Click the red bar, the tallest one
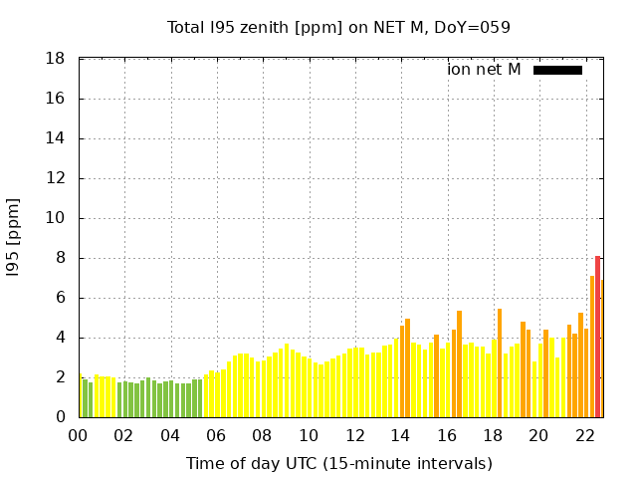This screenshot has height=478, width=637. click(x=597, y=337)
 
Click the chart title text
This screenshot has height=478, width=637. click(x=338, y=27)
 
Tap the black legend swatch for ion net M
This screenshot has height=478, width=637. click(x=557, y=70)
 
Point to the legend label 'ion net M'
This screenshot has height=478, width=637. click(x=484, y=70)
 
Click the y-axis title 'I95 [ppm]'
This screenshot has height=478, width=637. click(x=13, y=238)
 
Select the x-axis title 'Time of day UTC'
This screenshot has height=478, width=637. click(x=339, y=463)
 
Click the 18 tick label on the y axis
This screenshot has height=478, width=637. click(x=57, y=59)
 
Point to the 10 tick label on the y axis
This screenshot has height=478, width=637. click(x=57, y=218)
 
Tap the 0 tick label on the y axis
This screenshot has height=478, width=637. click(x=61, y=417)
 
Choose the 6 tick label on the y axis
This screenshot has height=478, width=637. click(x=61, y=298)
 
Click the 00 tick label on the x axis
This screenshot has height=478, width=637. click(x=79, y=435)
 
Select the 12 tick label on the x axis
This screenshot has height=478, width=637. click(x=355, y=435)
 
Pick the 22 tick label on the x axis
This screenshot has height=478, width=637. click(x=585, y=435)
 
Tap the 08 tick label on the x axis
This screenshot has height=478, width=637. click(x=263, y=435)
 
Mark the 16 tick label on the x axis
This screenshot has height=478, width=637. click(x=447, y=435)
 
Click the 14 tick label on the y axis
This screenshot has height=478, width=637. click(x=57, y=138)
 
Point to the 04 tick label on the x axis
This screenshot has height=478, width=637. click(x=171, y=435)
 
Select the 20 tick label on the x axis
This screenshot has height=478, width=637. click(x=539, y=435)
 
